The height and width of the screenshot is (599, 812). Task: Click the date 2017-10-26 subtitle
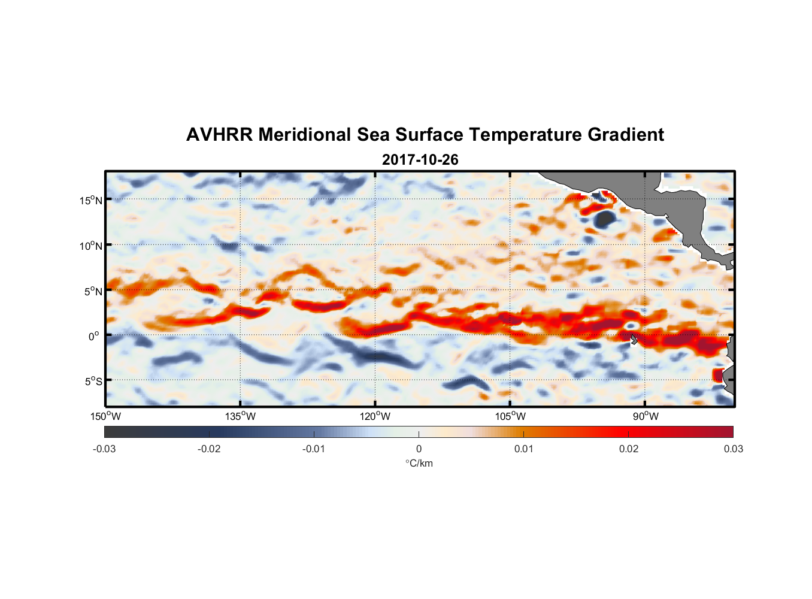click(x=420, y=160)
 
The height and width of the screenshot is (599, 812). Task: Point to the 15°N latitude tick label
click(x=91, y=200)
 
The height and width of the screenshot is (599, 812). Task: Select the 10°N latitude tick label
click(x=91, y=246)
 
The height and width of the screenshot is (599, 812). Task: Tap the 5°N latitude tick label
click(x=93, y=291)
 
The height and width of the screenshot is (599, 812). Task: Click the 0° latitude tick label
click(x=94, y=336)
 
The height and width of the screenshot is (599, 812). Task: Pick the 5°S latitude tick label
click(x=93, y=381)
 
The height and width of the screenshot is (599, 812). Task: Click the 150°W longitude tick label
click(x=105, y=416)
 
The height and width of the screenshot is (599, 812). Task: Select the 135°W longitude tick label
click(x=240, y=416)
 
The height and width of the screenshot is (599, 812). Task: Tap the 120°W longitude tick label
click(x=375, y=416)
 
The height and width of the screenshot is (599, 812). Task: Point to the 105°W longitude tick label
click(x=510, y=416)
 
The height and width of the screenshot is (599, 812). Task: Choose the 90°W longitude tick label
click(x=646, y=416)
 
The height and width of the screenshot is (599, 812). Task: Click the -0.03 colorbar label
click(x=104, y=449)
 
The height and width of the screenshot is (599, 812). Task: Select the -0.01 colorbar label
click(x=314, y=449)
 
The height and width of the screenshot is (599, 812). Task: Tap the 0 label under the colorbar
click(x=419, y=449)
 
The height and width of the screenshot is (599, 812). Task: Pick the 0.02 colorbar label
click(x=629, y=449)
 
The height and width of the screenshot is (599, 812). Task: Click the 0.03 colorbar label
click(x=733, y=449)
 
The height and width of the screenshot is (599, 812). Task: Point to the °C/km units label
click(x=419, y=463)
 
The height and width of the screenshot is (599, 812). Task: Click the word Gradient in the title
click(x=626, y=135)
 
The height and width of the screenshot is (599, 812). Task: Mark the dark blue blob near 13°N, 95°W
click(x=604, y=219)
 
